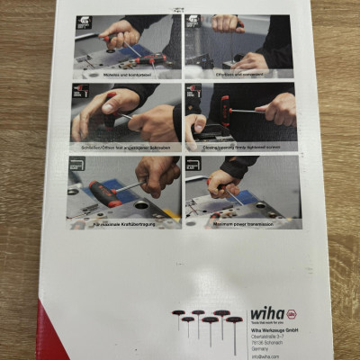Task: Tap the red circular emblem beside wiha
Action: pos(292,314)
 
